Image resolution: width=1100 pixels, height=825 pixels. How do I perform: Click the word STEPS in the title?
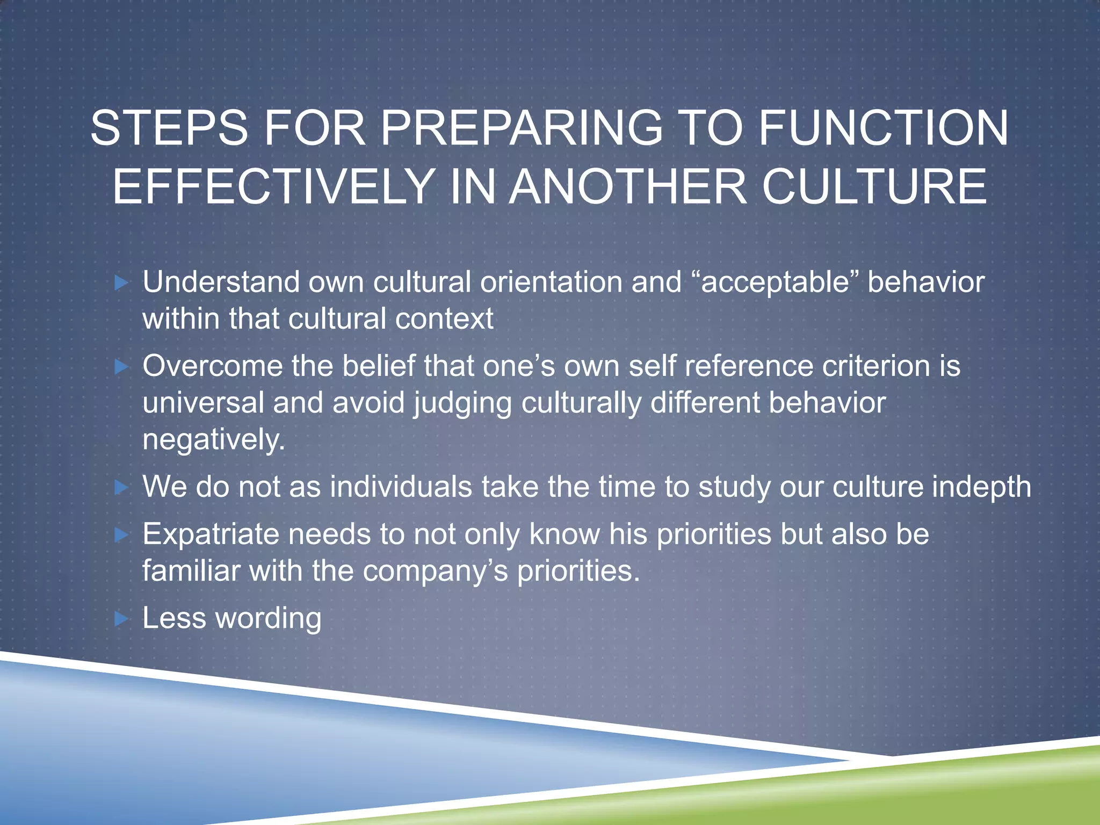coord(169,128)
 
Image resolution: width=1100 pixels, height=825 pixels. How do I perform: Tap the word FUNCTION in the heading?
coord(883,128)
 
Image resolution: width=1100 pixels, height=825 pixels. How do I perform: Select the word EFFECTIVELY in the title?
coord(273,186)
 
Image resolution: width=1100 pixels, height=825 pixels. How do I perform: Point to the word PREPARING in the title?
coord(522,128)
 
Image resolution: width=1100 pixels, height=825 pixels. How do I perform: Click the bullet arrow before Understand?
coord(122,283)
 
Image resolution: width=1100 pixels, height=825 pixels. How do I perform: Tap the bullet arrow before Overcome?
coord(122,367)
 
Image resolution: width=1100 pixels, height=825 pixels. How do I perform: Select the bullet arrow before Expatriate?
coord(122,534)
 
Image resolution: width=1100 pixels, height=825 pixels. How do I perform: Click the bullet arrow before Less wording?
coord(122,619)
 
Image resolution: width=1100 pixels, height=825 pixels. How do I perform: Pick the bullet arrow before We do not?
coord(122,487)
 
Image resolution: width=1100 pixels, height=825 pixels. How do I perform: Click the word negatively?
coord(213,440)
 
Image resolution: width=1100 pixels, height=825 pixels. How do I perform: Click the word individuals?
coord(401,487)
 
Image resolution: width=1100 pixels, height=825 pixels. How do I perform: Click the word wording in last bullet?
coord(268,619)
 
